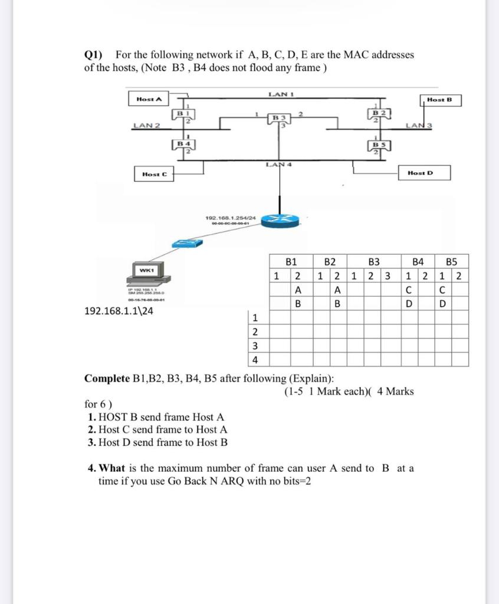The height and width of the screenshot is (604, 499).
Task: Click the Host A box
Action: [148, 98]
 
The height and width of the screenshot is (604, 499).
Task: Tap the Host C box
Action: [155, 174]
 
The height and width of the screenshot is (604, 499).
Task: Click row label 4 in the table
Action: [255, 359]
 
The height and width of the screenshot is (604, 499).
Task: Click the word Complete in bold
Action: [107, 378]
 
